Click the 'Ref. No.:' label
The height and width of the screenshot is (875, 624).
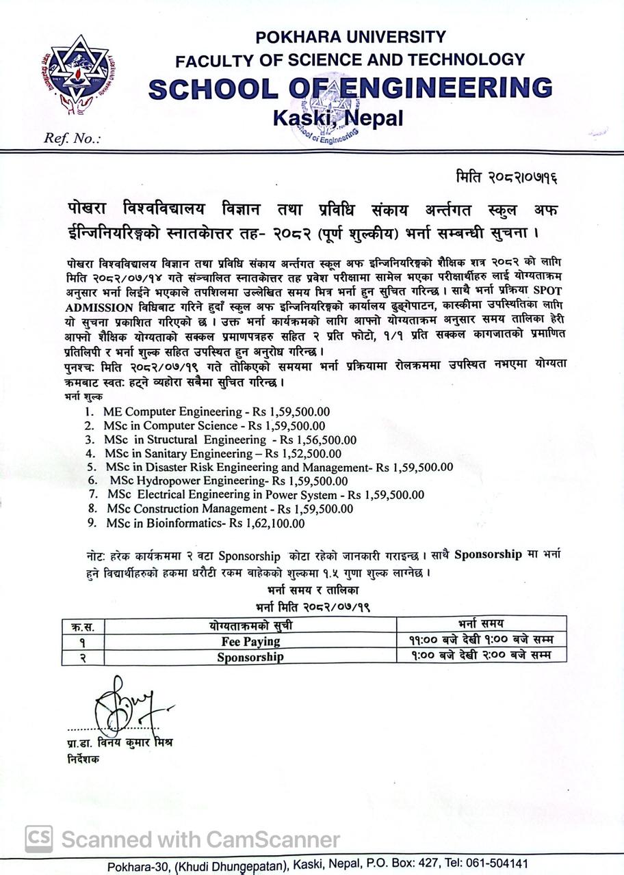(72, 139)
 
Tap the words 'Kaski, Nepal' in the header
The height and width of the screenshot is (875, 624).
(338, 118)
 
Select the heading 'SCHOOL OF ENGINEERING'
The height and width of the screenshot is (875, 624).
(350, 88)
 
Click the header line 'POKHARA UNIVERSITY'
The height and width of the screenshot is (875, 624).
(350, 37)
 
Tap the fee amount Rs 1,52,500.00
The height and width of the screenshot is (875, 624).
(303, 453)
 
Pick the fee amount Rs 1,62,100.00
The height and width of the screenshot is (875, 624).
(267, 524)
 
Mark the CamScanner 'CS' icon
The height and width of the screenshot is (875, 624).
(39, 839)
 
